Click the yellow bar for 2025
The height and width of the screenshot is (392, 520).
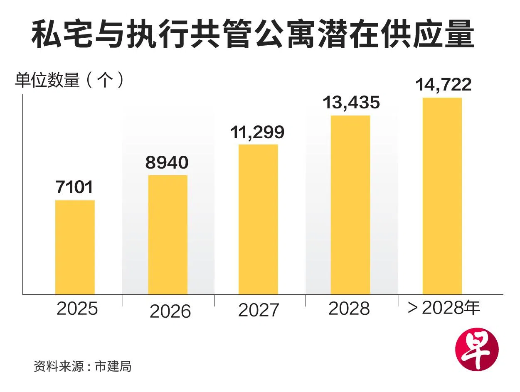click(x=75, y=247)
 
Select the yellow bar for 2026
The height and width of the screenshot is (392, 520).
click(x=168, y=235)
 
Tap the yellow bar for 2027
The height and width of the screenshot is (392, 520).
click(x=258, y=219)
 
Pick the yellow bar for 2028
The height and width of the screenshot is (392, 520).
click(x=350, y=205)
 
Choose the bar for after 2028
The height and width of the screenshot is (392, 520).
click(x=442, y=196)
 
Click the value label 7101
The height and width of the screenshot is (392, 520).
click(x=74, y=187)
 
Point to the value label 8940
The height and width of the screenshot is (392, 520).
click(x=167, y=162)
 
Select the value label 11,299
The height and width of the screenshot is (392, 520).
click(x=257, y=132)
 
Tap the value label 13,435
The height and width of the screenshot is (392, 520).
click(x=351, y=102)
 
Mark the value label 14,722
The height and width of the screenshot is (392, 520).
click(x=444, y=84)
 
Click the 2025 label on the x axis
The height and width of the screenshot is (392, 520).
click(x=77, y=309)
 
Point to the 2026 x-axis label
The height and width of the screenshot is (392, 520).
click(x=170, y=311)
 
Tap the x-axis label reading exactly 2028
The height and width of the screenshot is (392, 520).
click(x=349, y=309)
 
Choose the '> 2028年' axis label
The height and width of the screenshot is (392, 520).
click(x=444, y=309)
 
